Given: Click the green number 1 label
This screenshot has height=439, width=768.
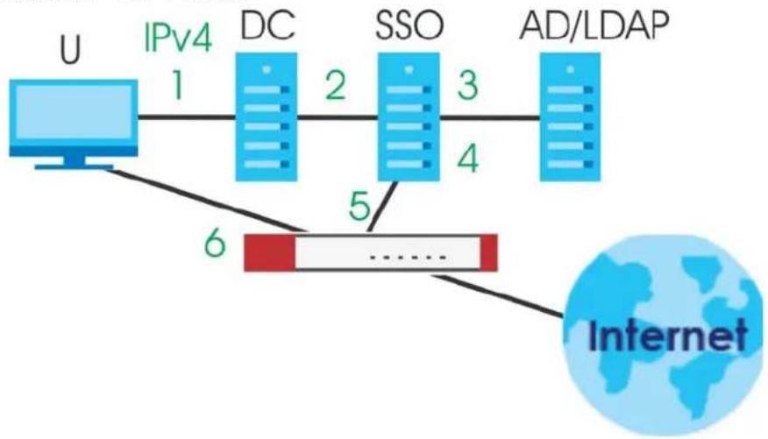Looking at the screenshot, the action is pyautogui.click(x=178, y=85).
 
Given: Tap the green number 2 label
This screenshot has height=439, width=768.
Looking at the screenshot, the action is pyautogui.click(x=336, y=85).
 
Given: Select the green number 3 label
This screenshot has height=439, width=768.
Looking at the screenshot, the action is pyautogui.click(x=468, y=85).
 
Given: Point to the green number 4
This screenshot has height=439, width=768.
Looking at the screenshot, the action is pyautogui.click(x=468, y=158).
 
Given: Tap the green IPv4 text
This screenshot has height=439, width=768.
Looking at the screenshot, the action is pyautogui.click(x=178, y=37).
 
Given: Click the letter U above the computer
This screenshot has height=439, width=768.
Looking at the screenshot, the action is pyautogui.click(x=70, y=49).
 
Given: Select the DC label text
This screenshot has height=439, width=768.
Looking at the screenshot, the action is pyautogui.click(x=268, y=25).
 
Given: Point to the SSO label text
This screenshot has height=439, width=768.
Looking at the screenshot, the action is pyautogui.click(x=409, y=25).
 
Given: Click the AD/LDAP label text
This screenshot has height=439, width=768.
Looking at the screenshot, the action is pyautogui.click(x=594, y=25).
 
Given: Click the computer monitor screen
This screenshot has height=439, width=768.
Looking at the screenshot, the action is pyautogui.click(x=74, y=112).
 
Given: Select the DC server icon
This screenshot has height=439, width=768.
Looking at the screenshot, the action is pyautogui.click(x=266, y=117).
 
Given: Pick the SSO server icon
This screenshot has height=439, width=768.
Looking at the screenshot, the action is pyautogui.click(x=409, y=117).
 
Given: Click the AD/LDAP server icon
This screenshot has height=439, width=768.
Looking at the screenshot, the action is pyautogui.click(x=570, y=117).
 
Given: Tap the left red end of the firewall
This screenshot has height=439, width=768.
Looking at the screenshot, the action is pyautogui.click(x=269, y=252).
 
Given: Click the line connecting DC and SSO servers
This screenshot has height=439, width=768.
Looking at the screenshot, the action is pyautogui.click(x=338, y=117).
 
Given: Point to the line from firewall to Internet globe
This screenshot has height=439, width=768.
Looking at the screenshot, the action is pyautogui.click(x=498, y=295).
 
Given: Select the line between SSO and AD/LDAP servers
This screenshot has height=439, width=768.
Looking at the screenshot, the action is pyautogui.click(x=490, y=117).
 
